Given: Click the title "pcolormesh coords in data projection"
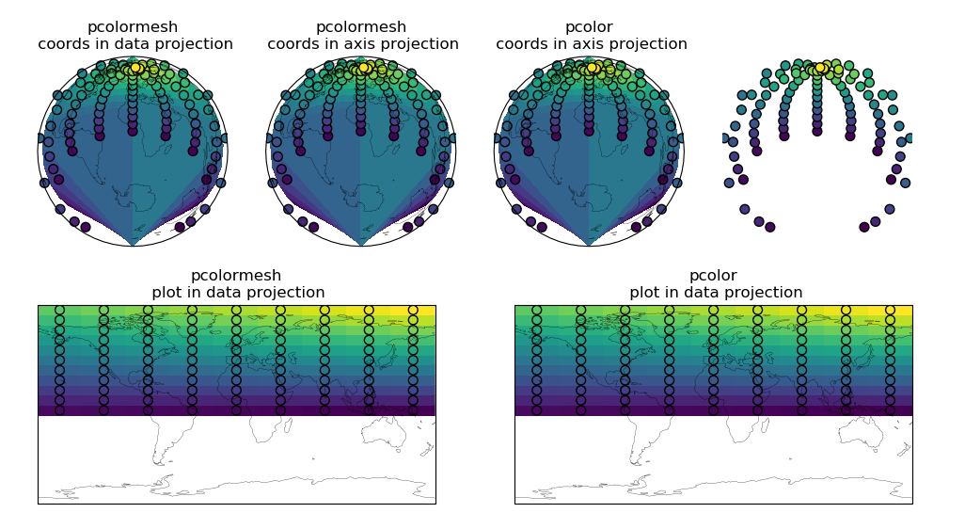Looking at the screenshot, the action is coord(135,36).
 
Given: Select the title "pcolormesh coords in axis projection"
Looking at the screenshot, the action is coord(363,36).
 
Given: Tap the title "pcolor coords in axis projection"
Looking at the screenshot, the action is coord(592,36).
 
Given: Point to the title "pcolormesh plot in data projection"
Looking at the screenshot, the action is coord(237,284).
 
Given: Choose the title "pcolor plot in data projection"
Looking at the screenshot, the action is coord(714,284).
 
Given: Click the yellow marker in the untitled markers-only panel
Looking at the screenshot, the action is coord(820,68).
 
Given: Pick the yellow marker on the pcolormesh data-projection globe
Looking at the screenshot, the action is coord(135,68).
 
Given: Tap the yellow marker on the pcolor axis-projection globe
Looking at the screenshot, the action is coord(592,68).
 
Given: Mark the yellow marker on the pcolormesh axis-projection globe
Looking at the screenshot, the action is coord(364,68).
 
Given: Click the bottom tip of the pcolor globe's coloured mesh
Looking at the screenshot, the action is coord(589,245).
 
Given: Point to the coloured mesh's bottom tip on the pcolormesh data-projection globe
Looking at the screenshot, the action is coord(133,245).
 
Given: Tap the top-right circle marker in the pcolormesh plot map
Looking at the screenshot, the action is coord(413,310).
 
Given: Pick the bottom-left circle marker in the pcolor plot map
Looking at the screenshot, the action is coord(536,409).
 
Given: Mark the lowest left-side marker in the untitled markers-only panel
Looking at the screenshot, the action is coord(770,227).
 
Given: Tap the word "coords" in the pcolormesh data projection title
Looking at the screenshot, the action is coord(64,44).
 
